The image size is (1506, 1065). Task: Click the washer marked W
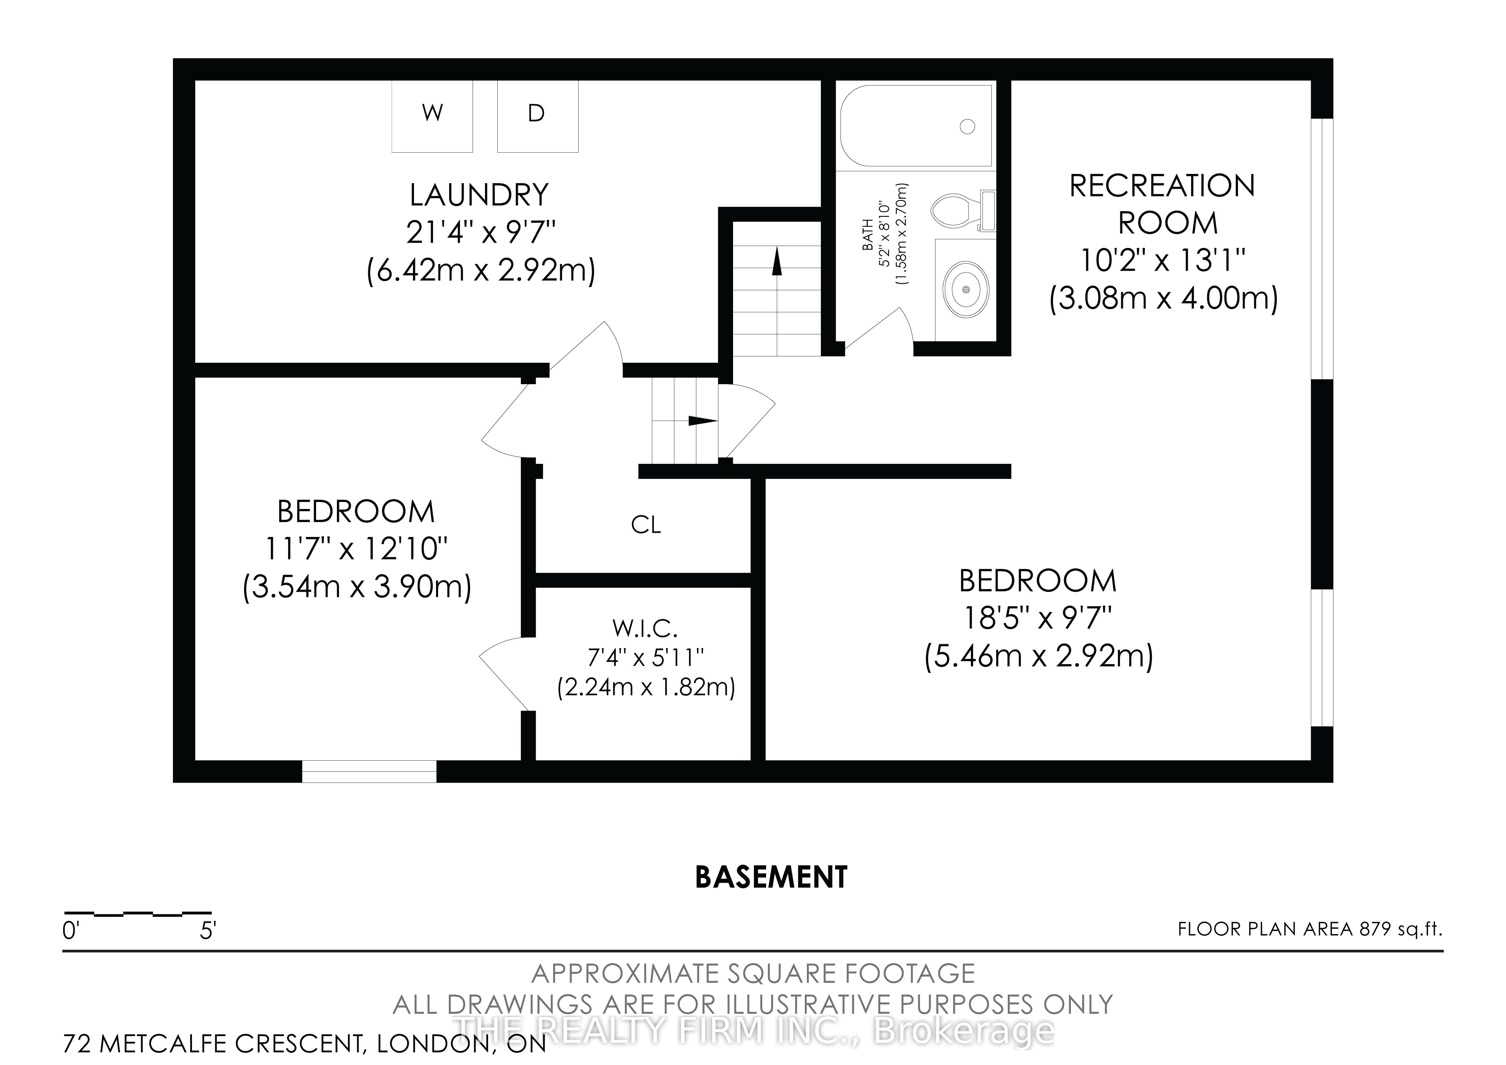(x=432, y=116)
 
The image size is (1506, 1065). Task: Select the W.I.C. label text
(x=645, y=629)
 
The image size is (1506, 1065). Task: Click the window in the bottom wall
(x=369, y=771)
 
